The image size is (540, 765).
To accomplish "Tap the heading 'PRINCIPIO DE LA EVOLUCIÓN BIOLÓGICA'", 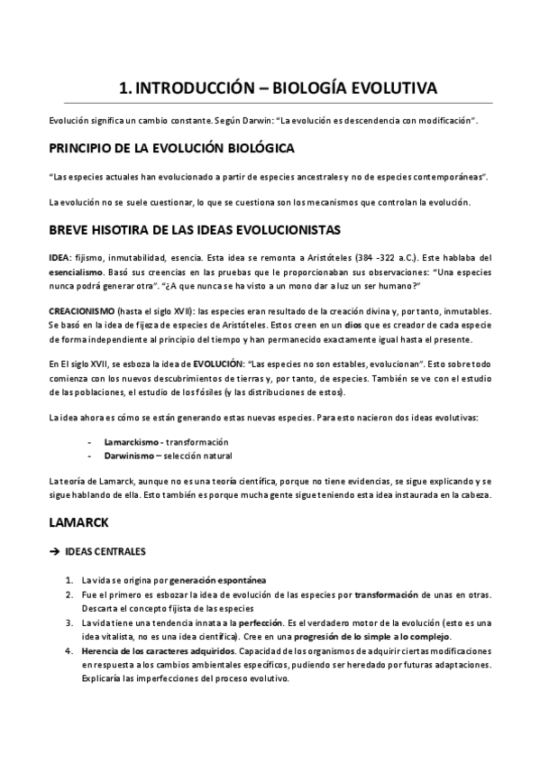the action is click(x=170, y=148).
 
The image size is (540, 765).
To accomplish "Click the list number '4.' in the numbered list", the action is click(x=69, y=651).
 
